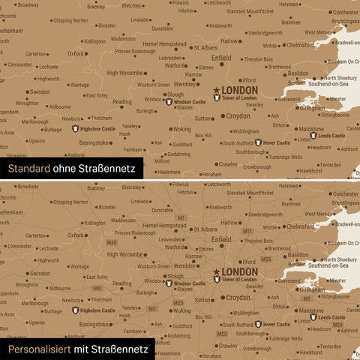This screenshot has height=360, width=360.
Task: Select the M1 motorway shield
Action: pyautogui.click(x=181, y=217)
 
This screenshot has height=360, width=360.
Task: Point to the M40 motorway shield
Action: pyautogui.click(x=112, y=243)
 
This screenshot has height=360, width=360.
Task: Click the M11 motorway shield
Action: pyautogui.click(x=247, y=231)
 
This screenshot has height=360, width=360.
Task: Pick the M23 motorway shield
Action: pyautogui.click(x=221, y=333)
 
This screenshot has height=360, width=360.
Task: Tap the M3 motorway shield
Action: pyautogui.click(x=152, y=308)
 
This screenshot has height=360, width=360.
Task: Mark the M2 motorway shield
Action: pyautogui.click(x=306, y=298)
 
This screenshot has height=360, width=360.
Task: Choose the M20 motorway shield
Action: pyautogui.click(x=337, y=325)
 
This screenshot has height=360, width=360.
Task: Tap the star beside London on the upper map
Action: pyautogui.click(x=217, y=90)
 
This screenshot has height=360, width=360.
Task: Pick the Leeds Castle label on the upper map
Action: pyautogui.click(x=331, y=136)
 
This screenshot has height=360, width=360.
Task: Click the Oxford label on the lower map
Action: pyautogui.click(x=75, y=235)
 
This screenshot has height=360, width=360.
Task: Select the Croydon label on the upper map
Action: pyautogui.click(x=238, y=116)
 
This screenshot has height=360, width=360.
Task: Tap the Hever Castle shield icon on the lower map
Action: pyautogui.click(x=258, y=324)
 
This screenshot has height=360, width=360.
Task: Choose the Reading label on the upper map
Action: pyautogui.click(x=121, y=101)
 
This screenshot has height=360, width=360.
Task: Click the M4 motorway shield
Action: pyautogui.click(x=97, y=288)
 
